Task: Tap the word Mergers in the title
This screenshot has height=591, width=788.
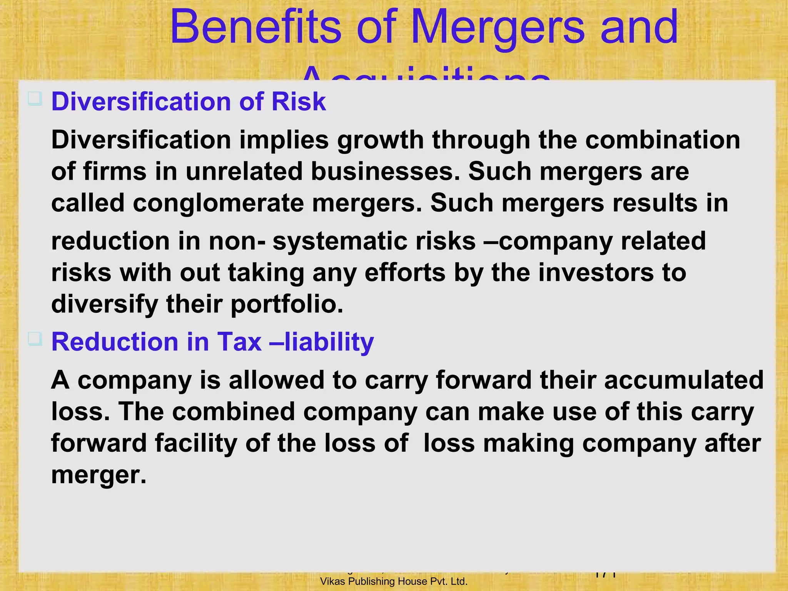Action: click(498, 28)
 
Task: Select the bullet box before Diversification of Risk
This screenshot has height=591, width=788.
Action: click(35, 99)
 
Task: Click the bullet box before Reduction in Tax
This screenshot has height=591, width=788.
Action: click(35, 339)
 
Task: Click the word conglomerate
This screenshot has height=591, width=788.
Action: click(218, 203)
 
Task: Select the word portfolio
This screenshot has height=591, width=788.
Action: click(287, 304)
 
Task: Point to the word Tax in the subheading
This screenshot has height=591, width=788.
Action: click(239, 342)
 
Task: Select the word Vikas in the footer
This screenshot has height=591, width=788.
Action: click(333, 581)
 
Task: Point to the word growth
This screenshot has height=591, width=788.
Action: click(380, 140)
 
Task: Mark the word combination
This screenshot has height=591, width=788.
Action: click(663, 140)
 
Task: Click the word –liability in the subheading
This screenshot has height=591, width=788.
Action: click(322, 342)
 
